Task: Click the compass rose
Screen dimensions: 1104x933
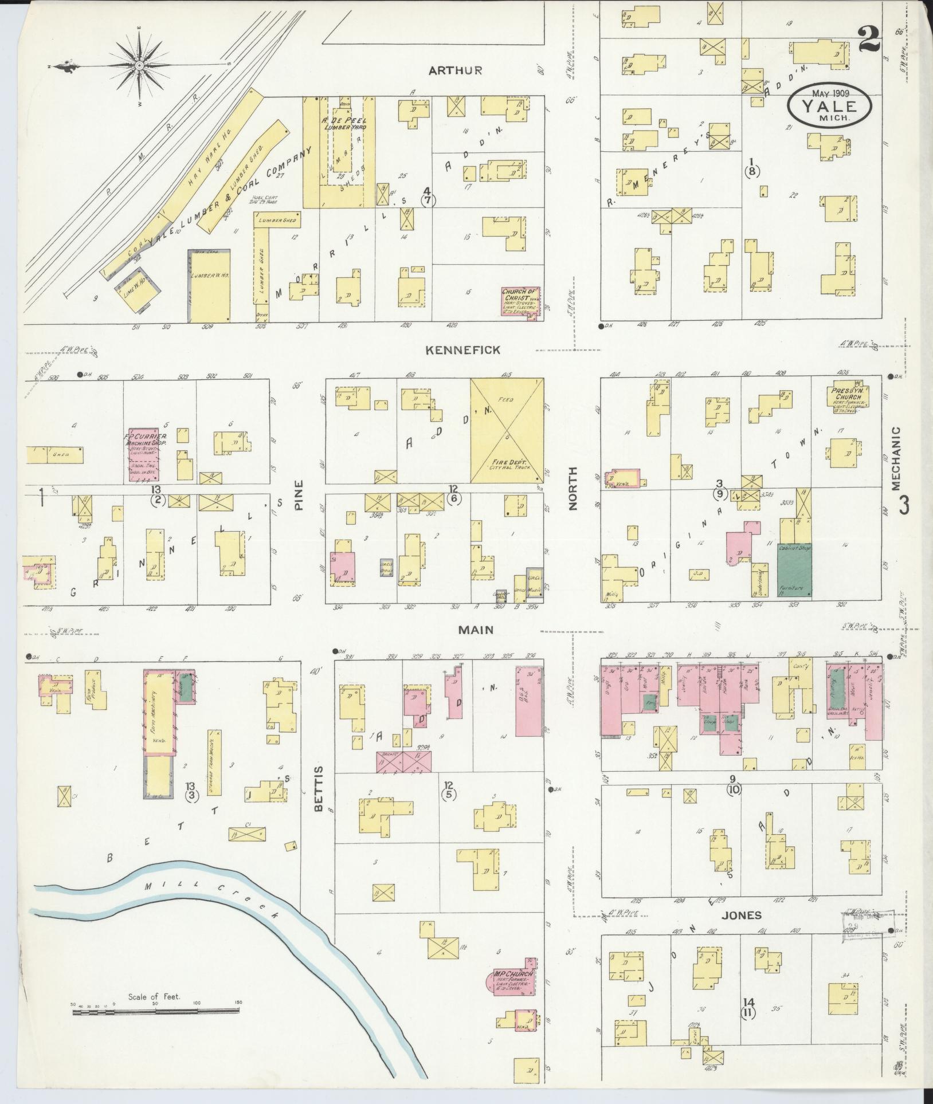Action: pyautogui.click(x=139, y=66)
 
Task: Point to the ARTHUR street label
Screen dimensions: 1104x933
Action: pyautogui.click(x=455, y=70)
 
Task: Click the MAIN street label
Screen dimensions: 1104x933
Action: pyautogui.click(x=475, y=630)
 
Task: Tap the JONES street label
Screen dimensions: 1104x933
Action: pyautogui.click(x=741, y=915)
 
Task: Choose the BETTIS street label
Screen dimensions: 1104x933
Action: pyautogui.click(x=319, y=788)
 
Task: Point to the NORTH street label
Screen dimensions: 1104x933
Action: pyautogui.click(x=574, y=488)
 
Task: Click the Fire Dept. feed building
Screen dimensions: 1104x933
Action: pyautogui.click(x=507, y=430)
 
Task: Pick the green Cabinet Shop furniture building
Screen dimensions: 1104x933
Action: pyautogui.click(x=794, y=571)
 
